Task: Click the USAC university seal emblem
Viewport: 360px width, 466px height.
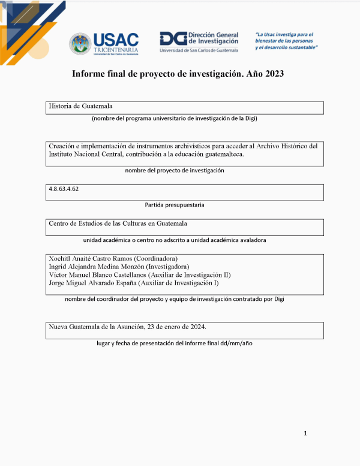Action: tap(80, 44)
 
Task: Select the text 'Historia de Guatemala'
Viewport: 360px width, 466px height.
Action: tap(80, 106)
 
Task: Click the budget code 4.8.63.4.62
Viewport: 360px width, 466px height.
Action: tap(64, 189)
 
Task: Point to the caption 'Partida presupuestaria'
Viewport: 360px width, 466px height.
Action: tap(175, 205)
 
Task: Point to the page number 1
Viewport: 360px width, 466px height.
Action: tap(305, 433)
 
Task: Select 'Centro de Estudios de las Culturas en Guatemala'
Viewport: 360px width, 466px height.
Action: tap(118, 223)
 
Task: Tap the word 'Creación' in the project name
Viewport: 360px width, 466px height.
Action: tap(62, 145)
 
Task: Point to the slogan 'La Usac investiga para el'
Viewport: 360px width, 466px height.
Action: tap(284, 35)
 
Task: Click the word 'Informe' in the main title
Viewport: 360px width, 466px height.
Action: tap(88, 74)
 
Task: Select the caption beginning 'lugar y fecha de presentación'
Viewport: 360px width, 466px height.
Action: tap(175, 343)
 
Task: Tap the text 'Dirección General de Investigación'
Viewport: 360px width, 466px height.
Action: tap(213, 38)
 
